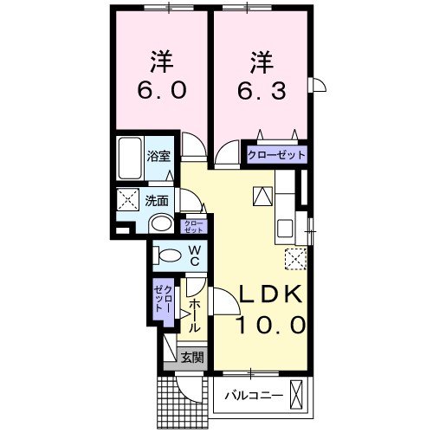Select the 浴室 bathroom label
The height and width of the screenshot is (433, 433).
[158, 158]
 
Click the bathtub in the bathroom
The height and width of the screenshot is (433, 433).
[131, 158]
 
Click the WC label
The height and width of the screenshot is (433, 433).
[195, 256]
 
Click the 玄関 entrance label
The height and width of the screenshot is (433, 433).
[191, 356]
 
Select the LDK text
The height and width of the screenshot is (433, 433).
[272, 294]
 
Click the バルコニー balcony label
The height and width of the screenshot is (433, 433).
[254, 396]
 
